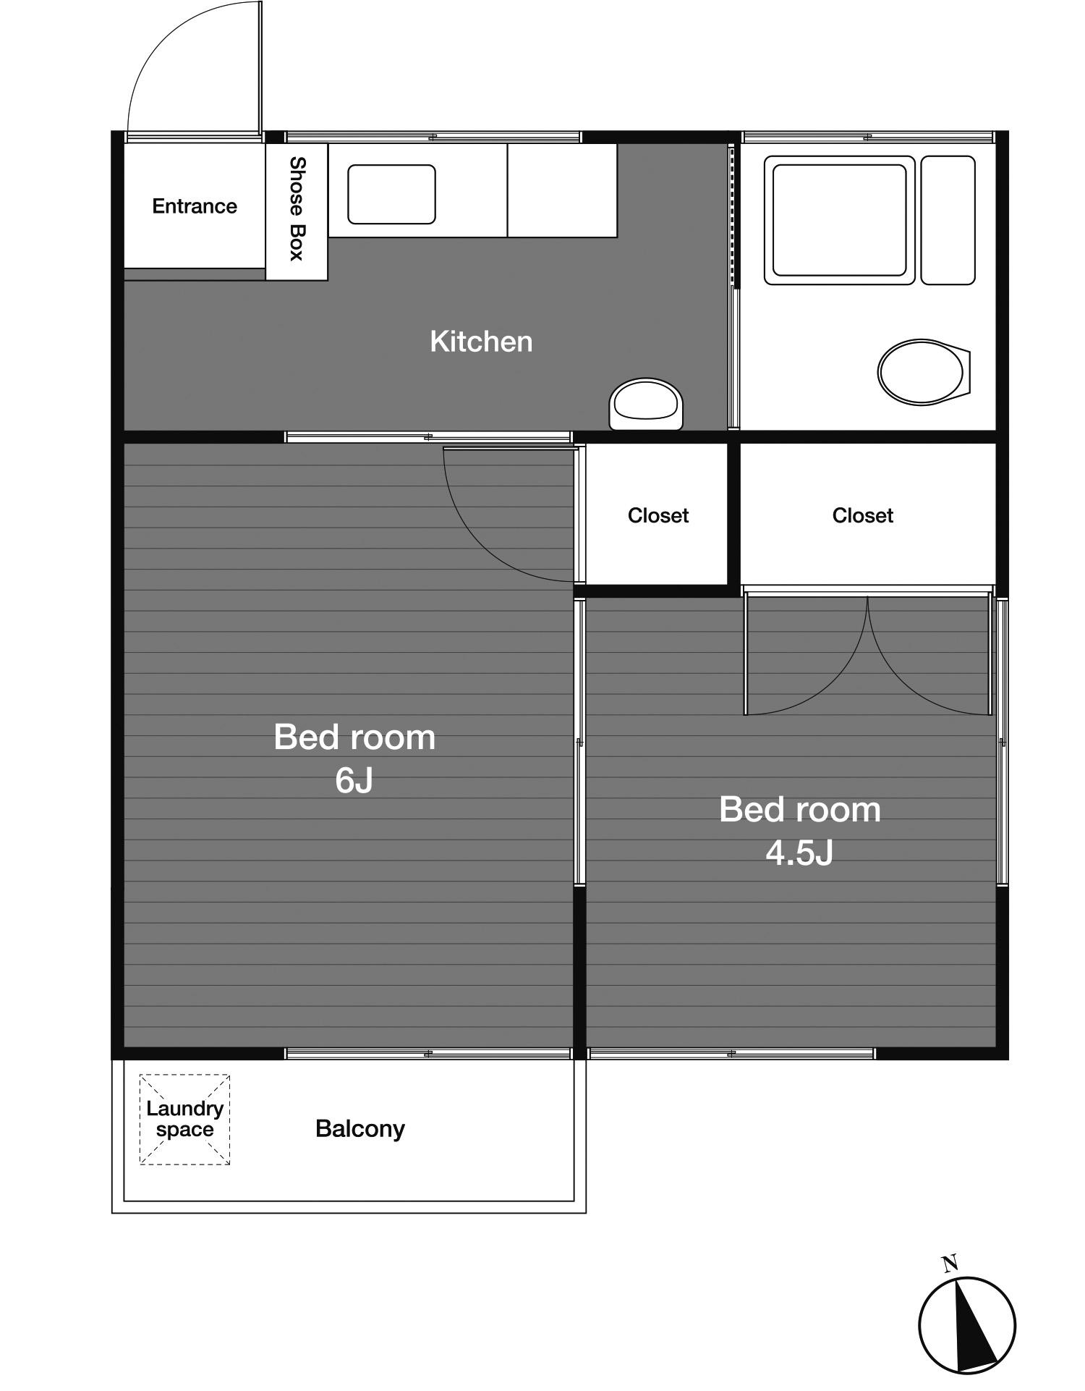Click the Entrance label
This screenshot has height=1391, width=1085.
pos(195,206)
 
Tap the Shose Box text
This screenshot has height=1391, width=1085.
pos(297,208)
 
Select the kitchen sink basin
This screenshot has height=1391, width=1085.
pos(391,194)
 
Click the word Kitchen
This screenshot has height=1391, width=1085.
pos(481,342)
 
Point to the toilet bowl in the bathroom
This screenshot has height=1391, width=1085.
pos(924,372)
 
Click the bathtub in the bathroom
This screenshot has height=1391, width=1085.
pos(840,220)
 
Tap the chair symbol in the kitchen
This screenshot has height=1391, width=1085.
pos(646,404)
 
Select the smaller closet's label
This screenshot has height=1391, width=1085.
pos(658,515)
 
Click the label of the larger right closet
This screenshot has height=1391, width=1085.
pos(863,515)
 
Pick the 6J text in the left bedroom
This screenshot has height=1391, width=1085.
pos(354,780)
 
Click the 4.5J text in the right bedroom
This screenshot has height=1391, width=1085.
pos(799,853)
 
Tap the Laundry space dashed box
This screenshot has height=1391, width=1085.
pos(184,1120)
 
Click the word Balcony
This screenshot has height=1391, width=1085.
pos(360,1128)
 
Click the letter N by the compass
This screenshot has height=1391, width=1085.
pos(950,1264)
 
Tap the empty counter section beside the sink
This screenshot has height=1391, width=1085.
pos(562,190)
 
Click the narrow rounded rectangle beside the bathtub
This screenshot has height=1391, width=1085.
pos(948,220)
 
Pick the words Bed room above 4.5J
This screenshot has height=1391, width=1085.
pos(800,809)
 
